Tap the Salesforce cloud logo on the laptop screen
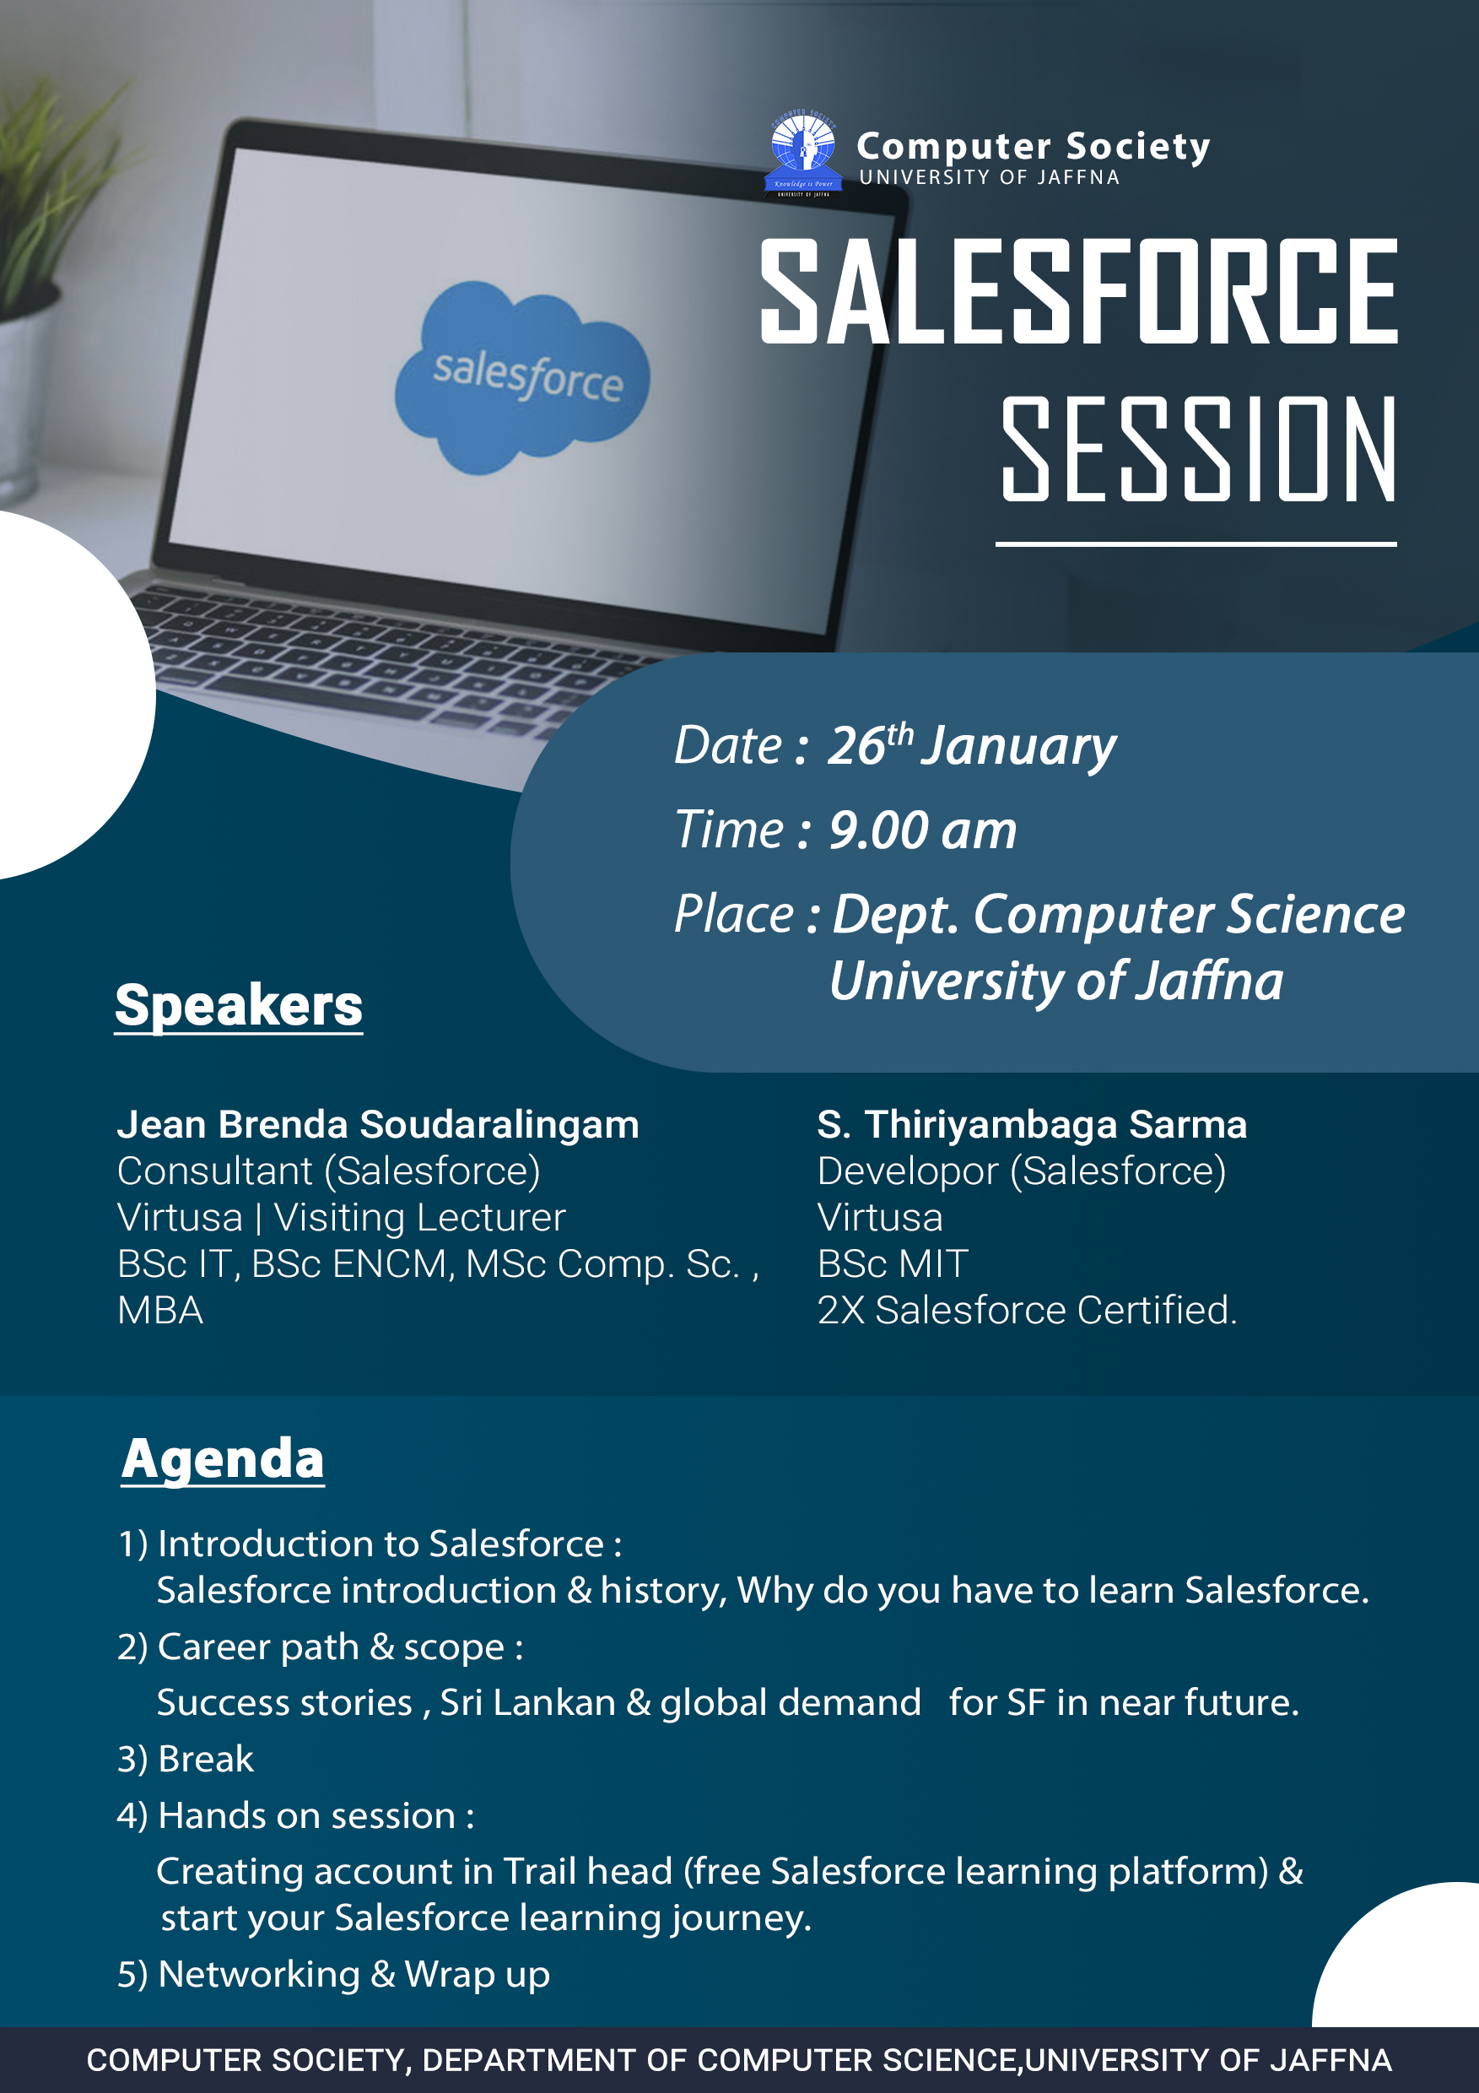click(522, 377)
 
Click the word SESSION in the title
click(1198, 448)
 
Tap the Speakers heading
click(239, 1005)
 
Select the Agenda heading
click(224, 1458)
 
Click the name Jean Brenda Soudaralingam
click(378, 1125)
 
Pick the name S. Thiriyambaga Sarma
click(1032, 1125)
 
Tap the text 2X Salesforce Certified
click(1027, 1310)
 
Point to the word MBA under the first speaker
click(160, 1310)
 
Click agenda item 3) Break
click(186, 1759)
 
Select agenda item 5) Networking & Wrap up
click(333, 1974)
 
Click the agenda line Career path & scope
click(321, 1647)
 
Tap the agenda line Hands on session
click(296, 1815)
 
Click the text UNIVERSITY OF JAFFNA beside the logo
click(990, 177)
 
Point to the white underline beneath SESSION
click(1196, 544)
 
